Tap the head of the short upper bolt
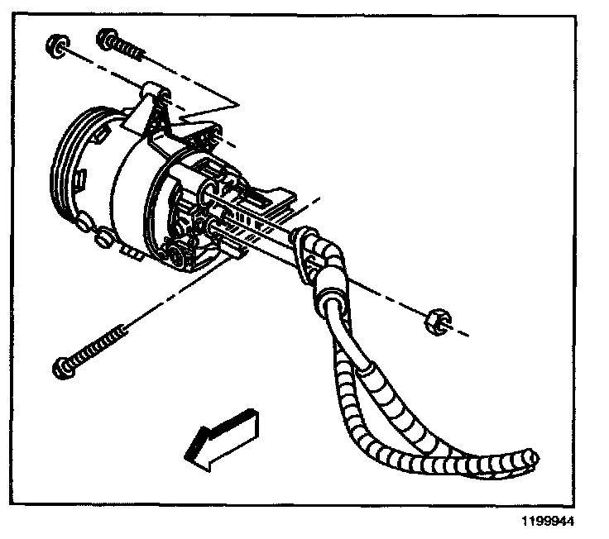[x=107, y=37]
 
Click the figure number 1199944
[x=544, y=522]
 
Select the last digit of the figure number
[x=568, y=522]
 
